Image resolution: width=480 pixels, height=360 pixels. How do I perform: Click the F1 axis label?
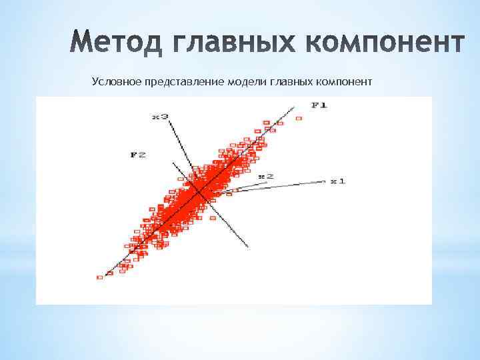pyautogui.click(x=319, y=105)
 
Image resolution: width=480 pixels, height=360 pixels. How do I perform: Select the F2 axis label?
pyautogui.click(x=138, y=155)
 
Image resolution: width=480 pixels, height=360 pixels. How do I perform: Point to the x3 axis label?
pyautogui.click(x=160, y=117)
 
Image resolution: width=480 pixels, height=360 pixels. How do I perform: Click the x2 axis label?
pyautogui.click(x=265, y=176)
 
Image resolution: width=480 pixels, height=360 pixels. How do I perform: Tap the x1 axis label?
pyautogui.click(x=338, y=181)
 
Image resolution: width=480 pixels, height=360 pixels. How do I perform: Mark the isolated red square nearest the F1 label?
pyautogui.click(x=299, y=118)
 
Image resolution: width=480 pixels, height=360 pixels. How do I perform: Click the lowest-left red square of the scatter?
pyautogui.click(x=100, y=277)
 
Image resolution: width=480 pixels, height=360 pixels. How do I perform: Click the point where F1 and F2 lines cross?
pyautogui.click(x=199, y=193)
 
